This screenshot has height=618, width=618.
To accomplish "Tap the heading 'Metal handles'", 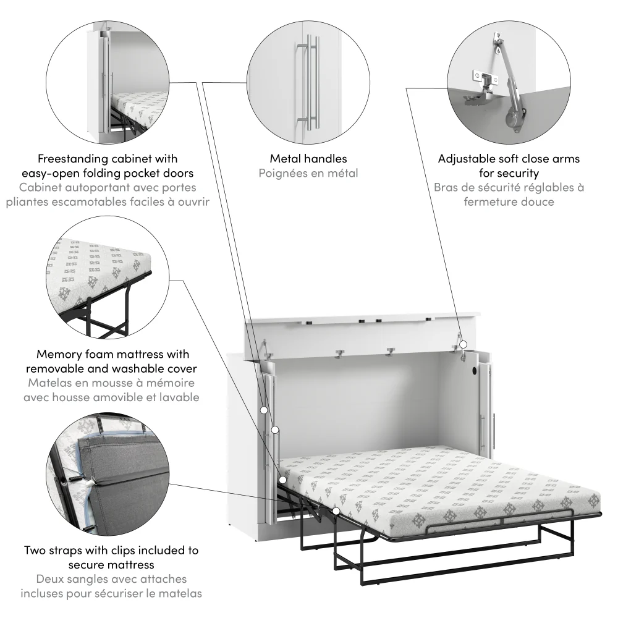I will pyautogui.click(x=308, y=159).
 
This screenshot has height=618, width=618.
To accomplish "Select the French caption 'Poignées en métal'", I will pyautogui.click(x=308, y=173).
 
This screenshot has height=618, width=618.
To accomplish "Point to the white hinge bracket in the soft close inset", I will pyautogui.click(x=484, y=77).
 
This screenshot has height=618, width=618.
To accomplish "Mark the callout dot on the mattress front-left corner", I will pyautogui.click(x=283, y=479).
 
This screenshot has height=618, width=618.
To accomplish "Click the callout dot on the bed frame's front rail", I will pyautogui.click(x=336, y=511).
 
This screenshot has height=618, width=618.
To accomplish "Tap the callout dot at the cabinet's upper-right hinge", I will pyautogui.click(x=462, y=344).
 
